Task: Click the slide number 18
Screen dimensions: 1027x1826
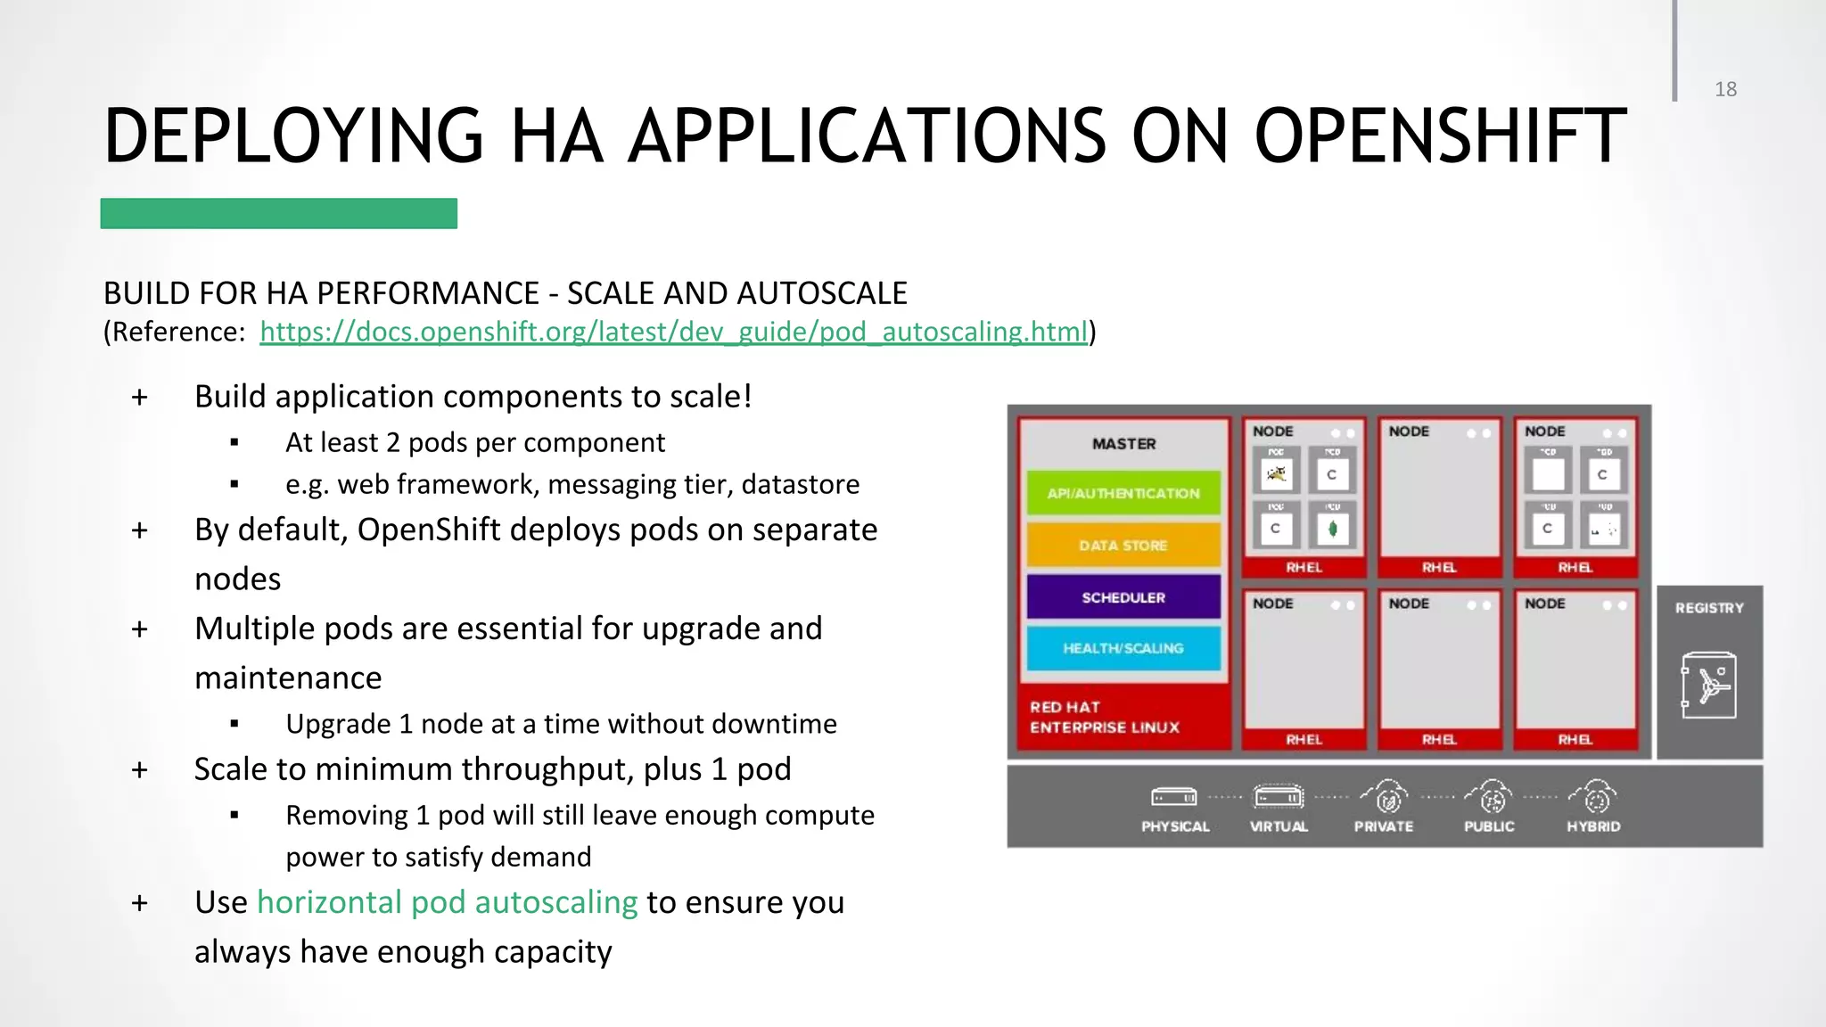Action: pos(1725,89)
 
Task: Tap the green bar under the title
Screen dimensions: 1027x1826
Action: pos(278,214)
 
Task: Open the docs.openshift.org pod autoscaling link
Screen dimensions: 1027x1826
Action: pos(673,332)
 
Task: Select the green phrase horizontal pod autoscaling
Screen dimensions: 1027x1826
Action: pos(447,902)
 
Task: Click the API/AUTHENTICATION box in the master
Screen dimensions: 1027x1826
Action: pos(1123,493)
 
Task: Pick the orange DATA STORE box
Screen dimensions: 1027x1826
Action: pos(1123,545)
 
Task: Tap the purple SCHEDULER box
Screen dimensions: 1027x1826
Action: pos(1123,597)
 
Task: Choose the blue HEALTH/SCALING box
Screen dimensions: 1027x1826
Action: pos(1123,648)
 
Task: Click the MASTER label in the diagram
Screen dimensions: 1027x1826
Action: pos(1123,443)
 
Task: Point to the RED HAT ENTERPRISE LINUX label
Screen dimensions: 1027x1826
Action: pos(1104,717)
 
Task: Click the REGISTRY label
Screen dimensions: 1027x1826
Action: pos(1708,608)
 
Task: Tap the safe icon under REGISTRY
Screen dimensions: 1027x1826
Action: pos(1708,686)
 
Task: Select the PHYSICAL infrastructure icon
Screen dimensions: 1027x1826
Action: pos(1173,796)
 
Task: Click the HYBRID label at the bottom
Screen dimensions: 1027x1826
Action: pos(1593,826)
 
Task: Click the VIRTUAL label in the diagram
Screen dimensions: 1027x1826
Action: pos(1279,826)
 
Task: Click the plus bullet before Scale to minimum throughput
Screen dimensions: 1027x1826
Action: pos(139,769)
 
